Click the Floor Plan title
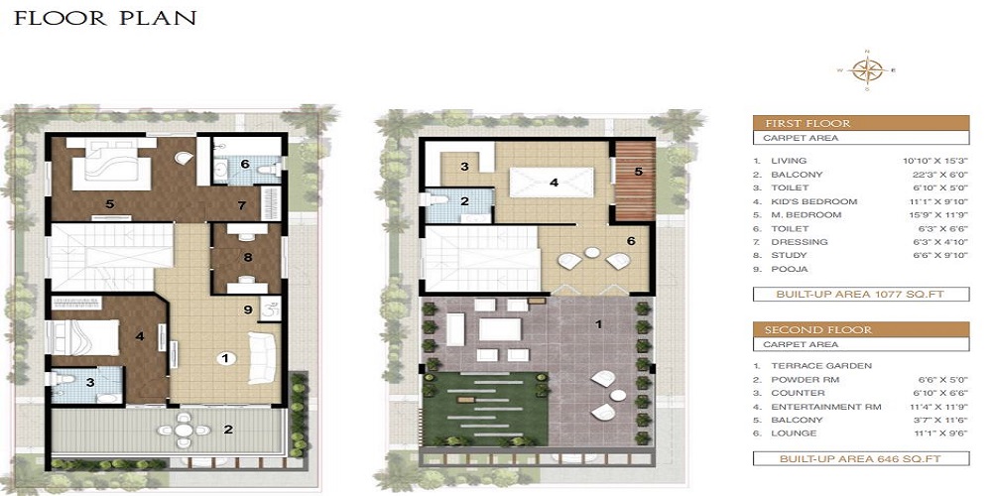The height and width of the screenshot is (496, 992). (105, 19)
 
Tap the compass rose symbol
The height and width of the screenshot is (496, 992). (870, 69)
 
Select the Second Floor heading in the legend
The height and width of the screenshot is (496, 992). (805, 329)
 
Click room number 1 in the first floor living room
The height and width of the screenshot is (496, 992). (226, 357)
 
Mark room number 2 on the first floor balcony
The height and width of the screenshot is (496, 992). (228, 430)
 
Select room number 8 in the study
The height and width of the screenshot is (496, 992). (247, 258)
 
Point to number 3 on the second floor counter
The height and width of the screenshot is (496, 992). (464, 167)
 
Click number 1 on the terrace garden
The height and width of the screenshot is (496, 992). (598, 324)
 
